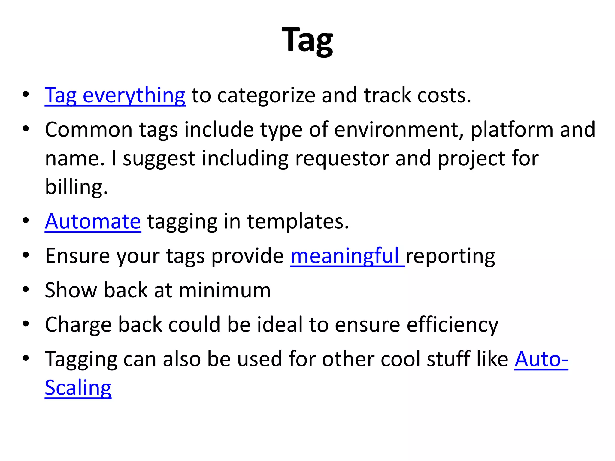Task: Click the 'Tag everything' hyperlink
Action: click(x=115, y=95)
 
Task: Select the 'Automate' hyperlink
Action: click(x=93, y=221)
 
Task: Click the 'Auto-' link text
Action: click(x=541, y=359)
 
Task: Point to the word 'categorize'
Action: click(x=266, y=95)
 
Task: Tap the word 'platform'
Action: click(x=512, y=130)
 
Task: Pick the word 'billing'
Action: click(x=76, y=187)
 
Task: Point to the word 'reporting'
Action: click(x=450, y=256)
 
